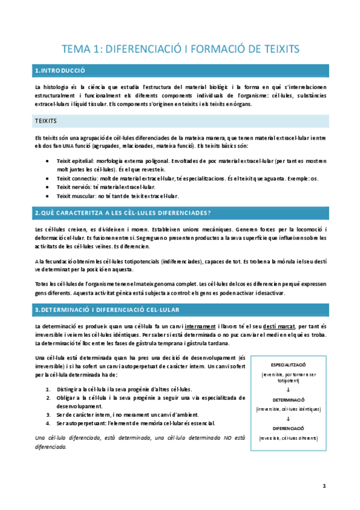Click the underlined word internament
tap(180, 325)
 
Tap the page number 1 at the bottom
tap(323, 486)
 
